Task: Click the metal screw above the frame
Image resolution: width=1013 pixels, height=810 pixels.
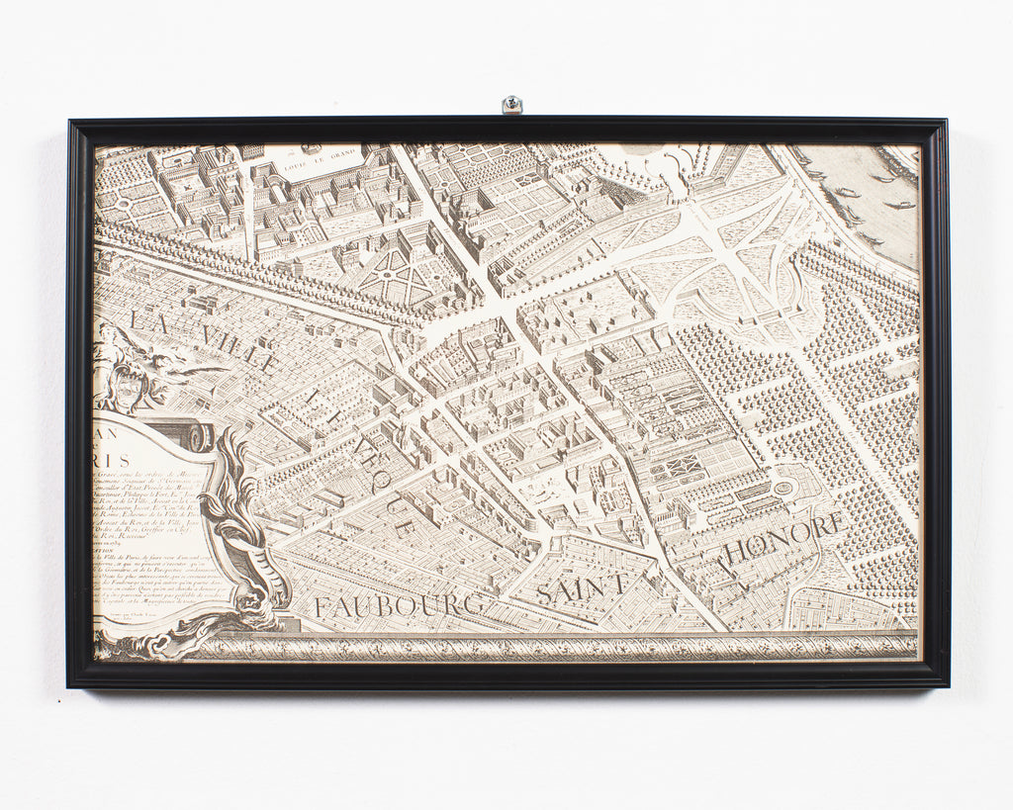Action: point(511,104)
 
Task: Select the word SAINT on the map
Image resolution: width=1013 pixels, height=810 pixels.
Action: point(582,585)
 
